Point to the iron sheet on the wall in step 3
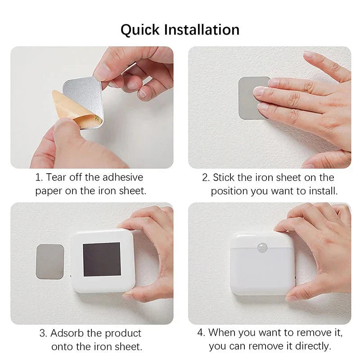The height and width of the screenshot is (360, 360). [49, 261]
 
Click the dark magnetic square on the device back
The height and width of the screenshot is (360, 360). [102, 259]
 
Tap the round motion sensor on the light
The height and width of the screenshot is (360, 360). [262, 247]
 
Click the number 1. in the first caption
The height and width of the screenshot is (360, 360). [39, 177]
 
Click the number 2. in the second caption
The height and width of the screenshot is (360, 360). [206, 177]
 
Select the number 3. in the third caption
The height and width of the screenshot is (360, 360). [43, 333]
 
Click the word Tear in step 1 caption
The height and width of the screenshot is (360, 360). [57, 177]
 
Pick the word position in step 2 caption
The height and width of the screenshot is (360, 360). [229, 191]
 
